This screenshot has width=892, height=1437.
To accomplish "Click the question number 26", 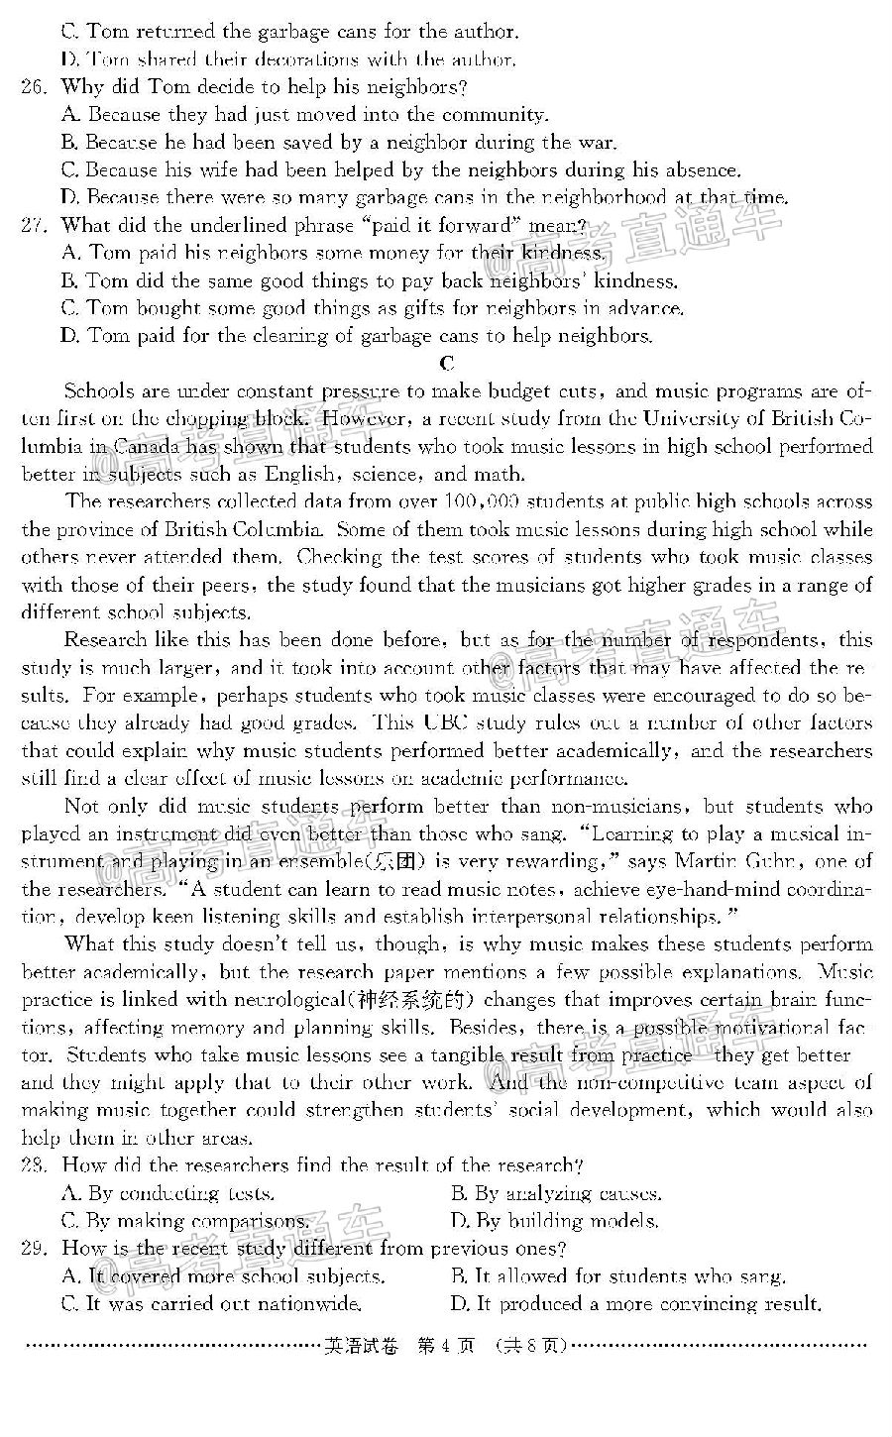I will (x=34, y=87).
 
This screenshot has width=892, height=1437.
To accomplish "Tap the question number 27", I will (x=34, y=226).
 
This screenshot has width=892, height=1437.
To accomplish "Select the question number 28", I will (x=34, y=1165).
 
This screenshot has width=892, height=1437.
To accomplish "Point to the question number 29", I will (x=34, y=1249).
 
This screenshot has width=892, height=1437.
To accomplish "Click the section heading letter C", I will (x=447, y=364).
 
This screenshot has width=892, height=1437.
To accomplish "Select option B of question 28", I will (x=556, y=1193).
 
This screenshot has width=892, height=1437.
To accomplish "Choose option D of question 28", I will (x=554, y=1221).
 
